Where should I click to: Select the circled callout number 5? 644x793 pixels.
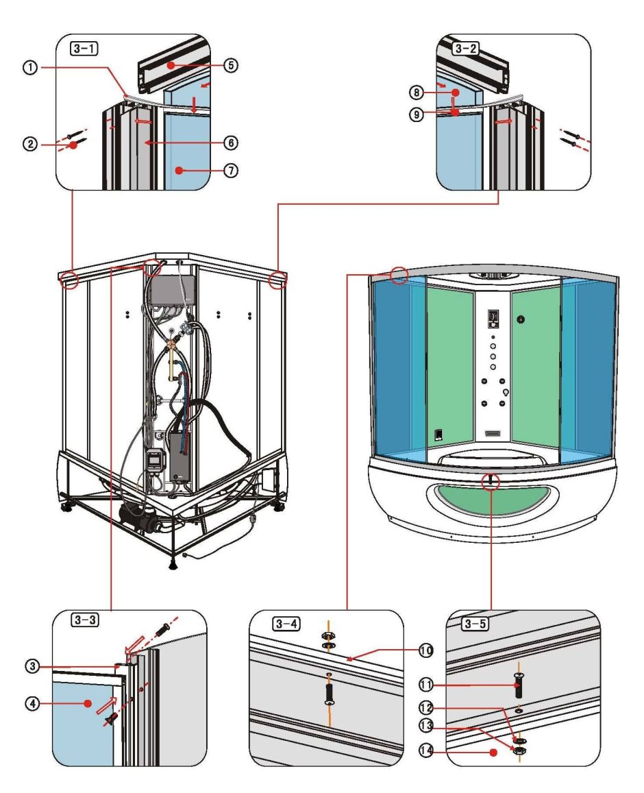tap(232, 66)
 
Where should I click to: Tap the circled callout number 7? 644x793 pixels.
tap(232, 171)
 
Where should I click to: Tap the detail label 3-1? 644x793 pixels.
tap(82, 49)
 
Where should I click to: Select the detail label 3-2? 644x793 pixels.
tap(465, 49)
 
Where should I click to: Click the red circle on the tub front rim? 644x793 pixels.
tap(491, 480)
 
